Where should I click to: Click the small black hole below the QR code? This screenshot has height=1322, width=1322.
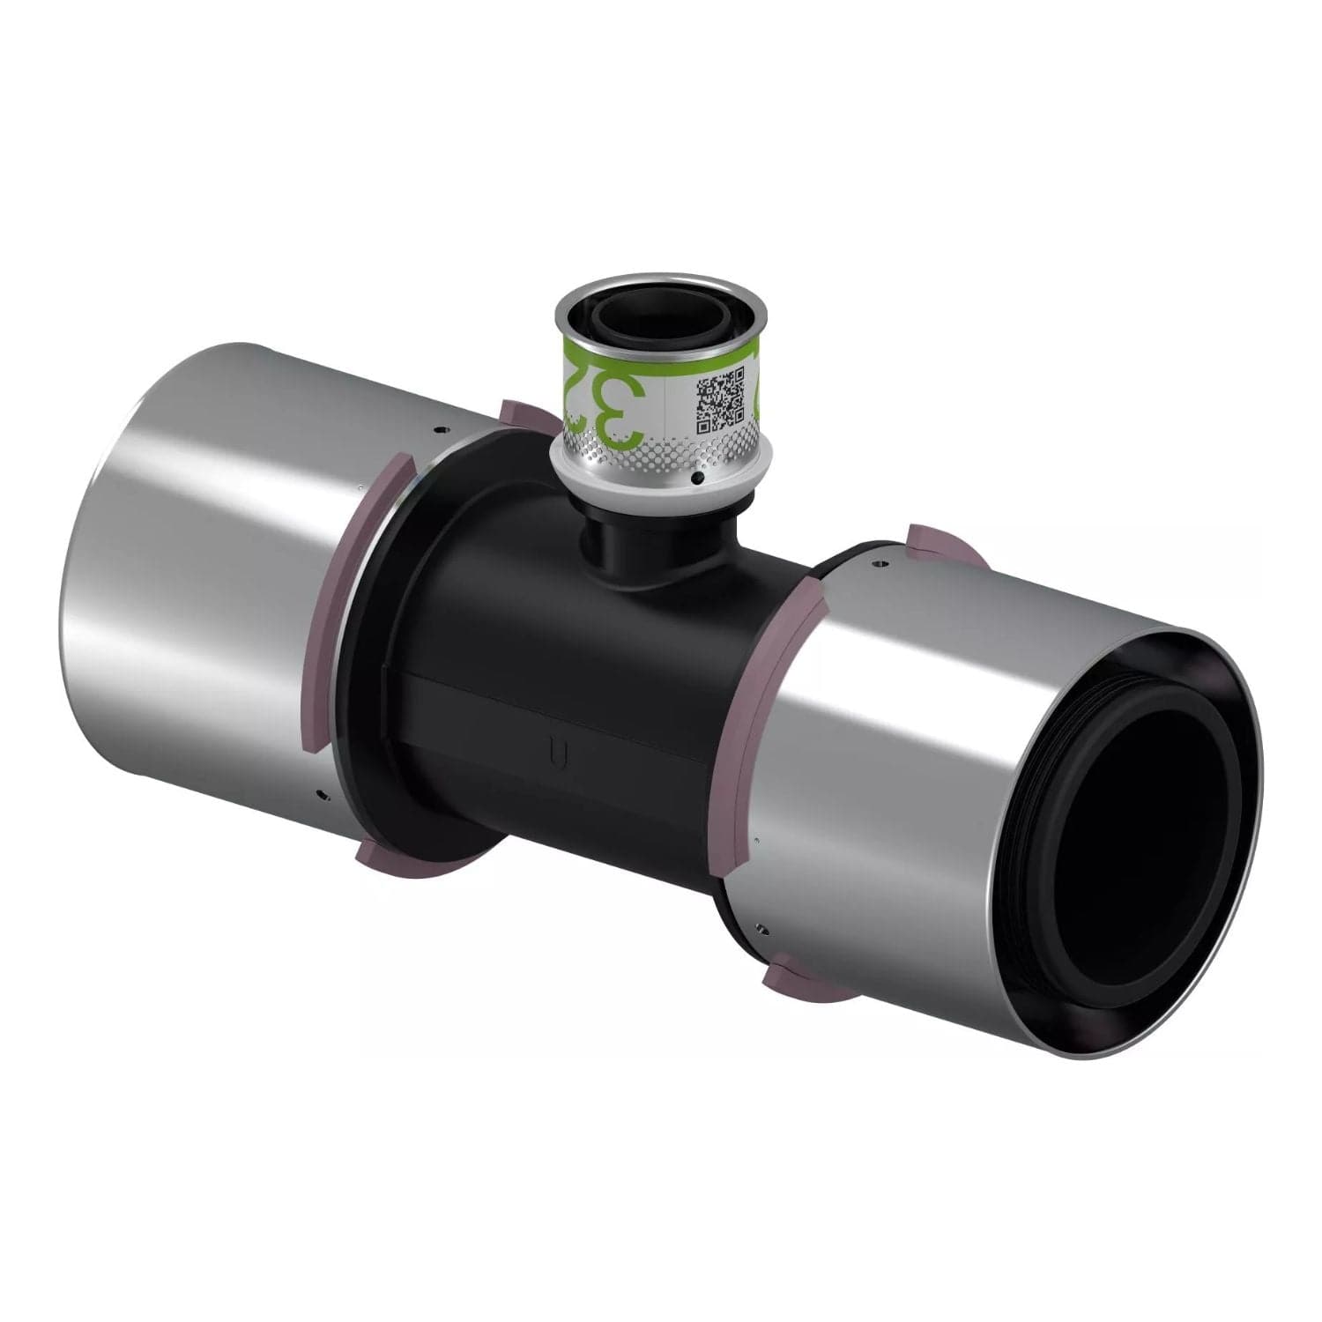pyautogui.click(x=698, y=478)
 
